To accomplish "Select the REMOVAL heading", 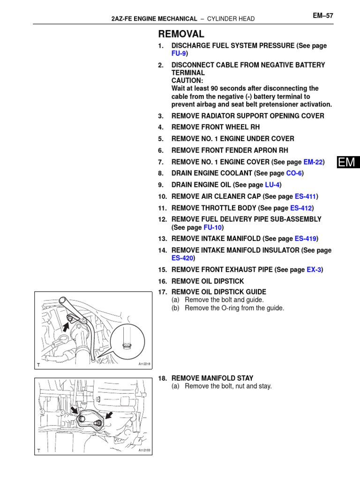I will pos(181,34).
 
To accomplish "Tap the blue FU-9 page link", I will pos(179,53).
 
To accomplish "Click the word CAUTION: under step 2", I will pos(187,81).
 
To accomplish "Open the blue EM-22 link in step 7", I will pos(313,162).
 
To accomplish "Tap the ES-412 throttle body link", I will pos(301,208).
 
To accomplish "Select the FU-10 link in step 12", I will pos(212,227).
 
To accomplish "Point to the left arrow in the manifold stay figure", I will pos(75,411).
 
